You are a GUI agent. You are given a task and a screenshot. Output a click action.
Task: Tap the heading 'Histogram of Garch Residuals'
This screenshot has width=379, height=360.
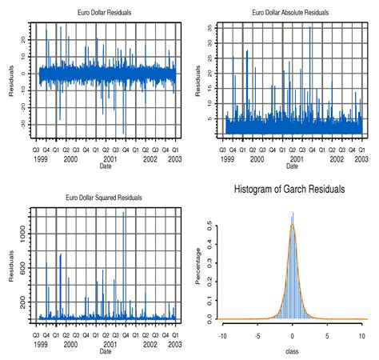[289, 190]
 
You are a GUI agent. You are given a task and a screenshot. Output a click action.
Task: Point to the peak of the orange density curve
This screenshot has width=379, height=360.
[293, 225]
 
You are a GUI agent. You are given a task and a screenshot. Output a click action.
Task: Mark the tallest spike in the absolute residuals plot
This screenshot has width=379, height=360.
[311, 28]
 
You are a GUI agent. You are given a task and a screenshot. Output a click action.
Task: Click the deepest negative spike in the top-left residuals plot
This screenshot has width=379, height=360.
[124, 134]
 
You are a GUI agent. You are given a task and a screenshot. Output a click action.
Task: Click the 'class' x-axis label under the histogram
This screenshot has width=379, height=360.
[293, 350]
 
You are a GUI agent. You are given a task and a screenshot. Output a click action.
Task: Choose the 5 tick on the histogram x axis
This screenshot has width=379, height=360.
[327, 336]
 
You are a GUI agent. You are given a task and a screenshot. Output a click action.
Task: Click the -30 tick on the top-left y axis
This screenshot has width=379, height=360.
[23, 123]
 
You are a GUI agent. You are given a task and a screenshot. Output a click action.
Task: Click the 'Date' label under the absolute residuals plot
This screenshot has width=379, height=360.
[293, 166]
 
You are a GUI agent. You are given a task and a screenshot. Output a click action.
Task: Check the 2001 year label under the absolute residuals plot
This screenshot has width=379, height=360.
[292, 159]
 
